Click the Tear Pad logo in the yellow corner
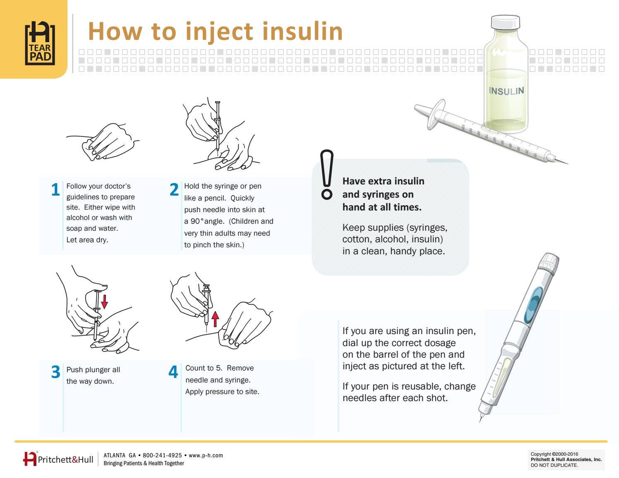point(40,43)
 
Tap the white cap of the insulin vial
point(505,22)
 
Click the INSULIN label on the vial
point(506,91)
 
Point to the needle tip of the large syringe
point(568,164)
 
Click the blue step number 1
point(55,189)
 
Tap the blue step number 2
point(174,189)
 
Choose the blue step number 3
point(56,371)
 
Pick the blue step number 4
point(173,371)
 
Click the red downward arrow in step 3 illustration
point(105,302)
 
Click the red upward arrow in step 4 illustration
point(215,319)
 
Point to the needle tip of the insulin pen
point(480,422)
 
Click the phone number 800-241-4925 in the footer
point(162,455)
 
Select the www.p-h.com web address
point(206,456)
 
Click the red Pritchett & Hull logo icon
point(30,459)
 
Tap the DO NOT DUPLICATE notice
point(554,465)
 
